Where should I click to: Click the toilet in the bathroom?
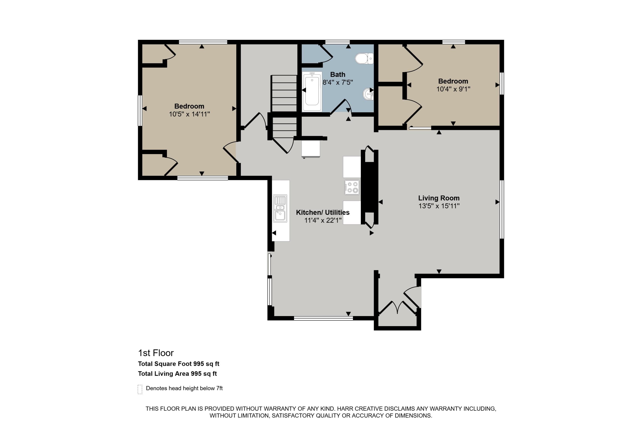(364, 58)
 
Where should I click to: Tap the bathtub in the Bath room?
(312, 91)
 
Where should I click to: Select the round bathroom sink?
(368, 94)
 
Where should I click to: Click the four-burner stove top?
(352, 187)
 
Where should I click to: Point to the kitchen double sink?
(280, 208)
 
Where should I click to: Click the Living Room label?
(439, 198)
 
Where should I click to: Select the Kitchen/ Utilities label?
(323, 212)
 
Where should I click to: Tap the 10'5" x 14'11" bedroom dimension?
(189, 114)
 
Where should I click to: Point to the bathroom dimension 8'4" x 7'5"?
(338, 82)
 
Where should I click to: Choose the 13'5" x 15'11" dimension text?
(439, 206)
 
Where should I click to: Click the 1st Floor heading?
(156, 353)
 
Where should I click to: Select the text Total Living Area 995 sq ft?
(177, 374)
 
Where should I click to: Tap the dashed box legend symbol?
(140, 389)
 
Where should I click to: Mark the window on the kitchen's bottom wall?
(323, 318)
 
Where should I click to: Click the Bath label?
(338, 74)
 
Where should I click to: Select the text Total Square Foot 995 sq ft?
(178, 364)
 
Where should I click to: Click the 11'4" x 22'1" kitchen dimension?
(323, 220)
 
